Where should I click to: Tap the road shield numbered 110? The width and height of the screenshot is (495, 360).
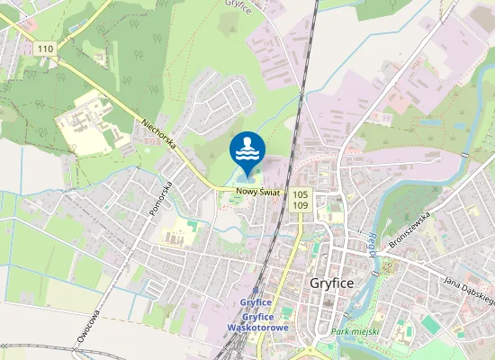pyautogui.click(x=46, y=49)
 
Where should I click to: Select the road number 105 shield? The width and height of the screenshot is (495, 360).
pyautogui.click(x=300, y=193)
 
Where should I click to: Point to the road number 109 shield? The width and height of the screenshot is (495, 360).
pyautogui.click(x=300, y=205)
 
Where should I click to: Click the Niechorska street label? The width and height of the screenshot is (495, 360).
pyautogui.click(x=160, y=139)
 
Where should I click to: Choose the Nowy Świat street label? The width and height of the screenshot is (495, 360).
pyautogui.click(x=259, y=192)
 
